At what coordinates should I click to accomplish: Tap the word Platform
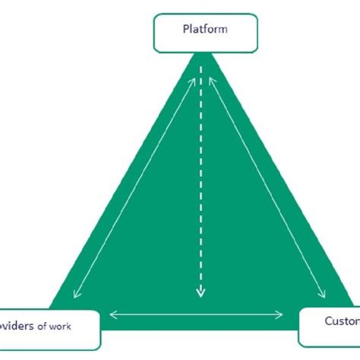tap(200, 30)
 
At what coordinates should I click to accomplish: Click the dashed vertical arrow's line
tap(201, 182)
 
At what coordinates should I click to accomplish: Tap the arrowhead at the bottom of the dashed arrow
tap(201, 292)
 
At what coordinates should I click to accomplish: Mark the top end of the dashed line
tap(201, 68)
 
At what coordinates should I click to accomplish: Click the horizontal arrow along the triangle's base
tap(197, 313)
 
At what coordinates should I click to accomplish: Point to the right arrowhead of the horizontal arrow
tap(282, 313)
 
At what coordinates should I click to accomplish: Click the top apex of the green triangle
tap(201, 55)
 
